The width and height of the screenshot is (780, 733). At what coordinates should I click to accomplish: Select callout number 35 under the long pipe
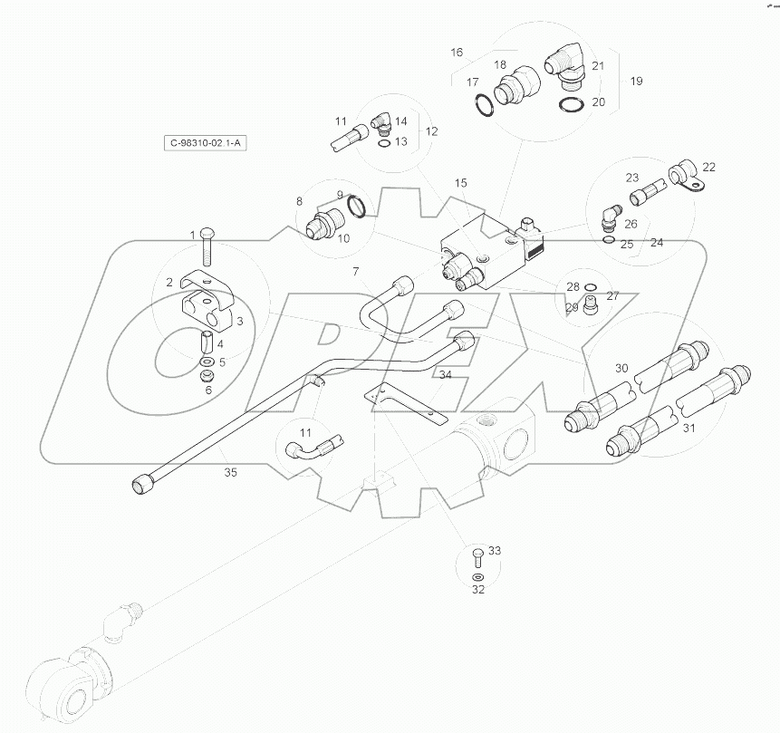tap(231, 472)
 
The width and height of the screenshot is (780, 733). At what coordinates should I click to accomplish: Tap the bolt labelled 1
tap(206, 239)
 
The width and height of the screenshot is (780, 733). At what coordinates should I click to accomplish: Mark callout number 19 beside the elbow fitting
tap(636, 82)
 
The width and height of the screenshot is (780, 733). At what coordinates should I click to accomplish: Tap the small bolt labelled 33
tap(477, 555)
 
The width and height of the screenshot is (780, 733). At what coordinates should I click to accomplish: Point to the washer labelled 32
tap(477, 576)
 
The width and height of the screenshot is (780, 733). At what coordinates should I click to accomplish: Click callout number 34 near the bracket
tap(445, 374)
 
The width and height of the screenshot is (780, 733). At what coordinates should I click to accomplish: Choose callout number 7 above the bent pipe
tap(356, 272)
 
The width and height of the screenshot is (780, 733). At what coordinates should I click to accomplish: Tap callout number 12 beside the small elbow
tap(431, 131)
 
